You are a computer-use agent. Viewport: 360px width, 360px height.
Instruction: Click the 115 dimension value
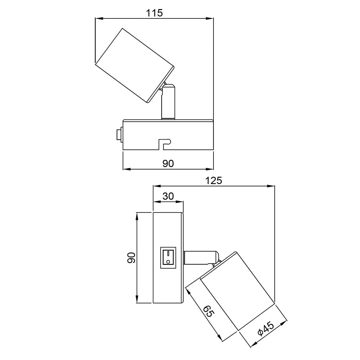154,13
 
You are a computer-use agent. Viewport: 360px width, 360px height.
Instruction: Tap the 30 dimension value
168,196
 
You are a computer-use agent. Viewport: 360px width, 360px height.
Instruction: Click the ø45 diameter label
266,329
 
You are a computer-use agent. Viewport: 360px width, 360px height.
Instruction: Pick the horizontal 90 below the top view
168,163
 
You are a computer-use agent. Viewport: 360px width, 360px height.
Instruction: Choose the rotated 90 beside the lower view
131,258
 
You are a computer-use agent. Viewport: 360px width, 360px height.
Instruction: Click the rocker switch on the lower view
168,258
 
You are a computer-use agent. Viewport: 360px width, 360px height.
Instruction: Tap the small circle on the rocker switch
168,261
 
